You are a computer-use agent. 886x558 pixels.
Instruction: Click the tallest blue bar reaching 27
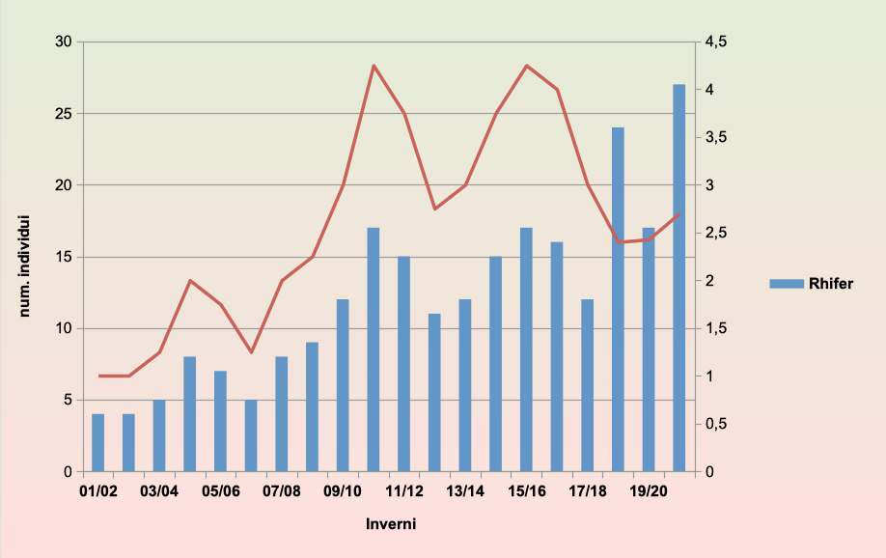tap(678, 278)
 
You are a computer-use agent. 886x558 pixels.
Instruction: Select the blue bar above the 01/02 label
tap(98, 442)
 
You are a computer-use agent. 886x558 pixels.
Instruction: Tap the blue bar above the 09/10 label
tap(343, 385)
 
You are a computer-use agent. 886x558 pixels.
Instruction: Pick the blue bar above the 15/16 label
tap(526, 349)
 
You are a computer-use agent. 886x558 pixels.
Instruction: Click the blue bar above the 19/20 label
tap(649, 349)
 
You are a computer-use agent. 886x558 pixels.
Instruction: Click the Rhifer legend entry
tap(811, 283)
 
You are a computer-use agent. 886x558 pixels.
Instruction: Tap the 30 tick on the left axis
tap(65, 42)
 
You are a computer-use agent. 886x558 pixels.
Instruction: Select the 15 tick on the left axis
tap(65, 257)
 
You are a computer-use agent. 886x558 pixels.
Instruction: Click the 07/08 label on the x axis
tap(282, 491)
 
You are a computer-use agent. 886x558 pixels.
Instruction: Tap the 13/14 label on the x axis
tap(465, 491)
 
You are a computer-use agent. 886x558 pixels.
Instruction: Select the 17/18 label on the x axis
tap(588, 491)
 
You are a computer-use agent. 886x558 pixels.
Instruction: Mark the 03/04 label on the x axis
tap(159, 491)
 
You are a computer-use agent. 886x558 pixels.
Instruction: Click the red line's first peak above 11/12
tap(374, 66)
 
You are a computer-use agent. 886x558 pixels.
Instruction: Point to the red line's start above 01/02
tap(98, 376)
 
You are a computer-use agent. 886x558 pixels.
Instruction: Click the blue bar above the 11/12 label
tap(404, 364)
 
